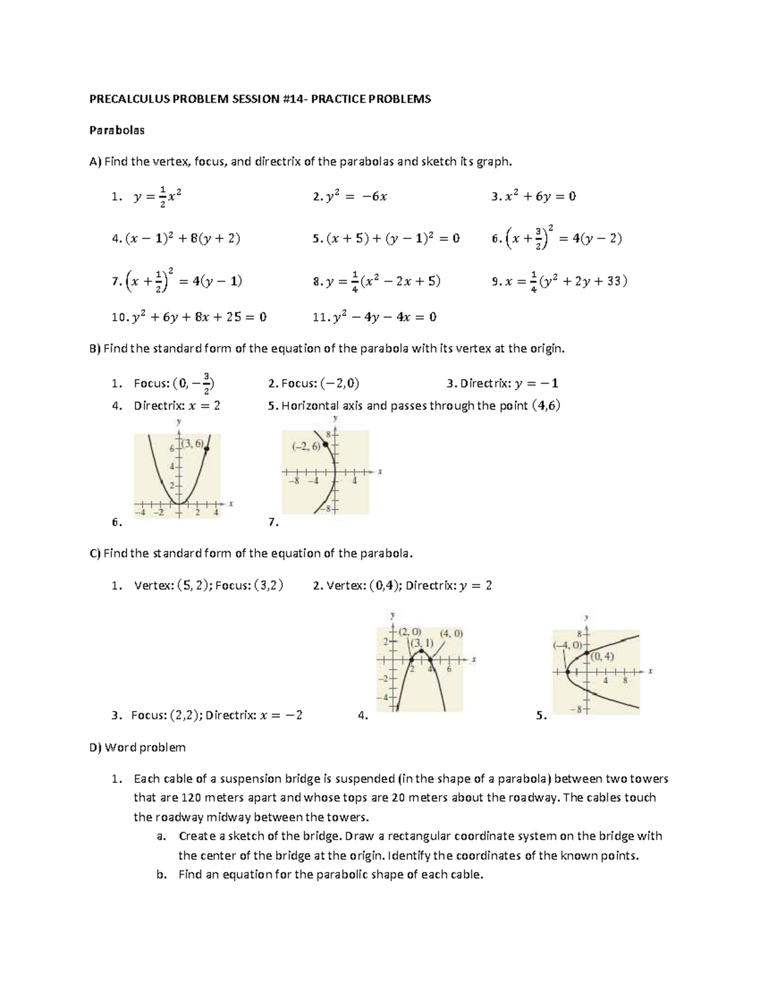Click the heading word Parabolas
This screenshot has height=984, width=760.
pyautogui.click(x=117, y=131)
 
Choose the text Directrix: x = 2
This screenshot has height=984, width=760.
pyautogui.click(x=177, y=406)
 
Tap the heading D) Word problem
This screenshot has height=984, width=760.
pyautogui.click(x=137, y=747)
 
